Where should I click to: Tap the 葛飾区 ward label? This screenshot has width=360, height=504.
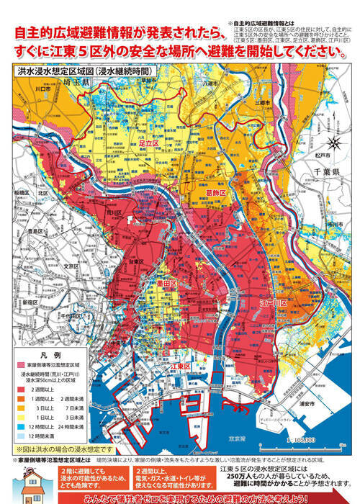[217, 193]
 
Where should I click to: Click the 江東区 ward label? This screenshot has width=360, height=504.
[179, 366]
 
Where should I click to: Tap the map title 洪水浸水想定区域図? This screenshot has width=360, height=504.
[58, 72]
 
